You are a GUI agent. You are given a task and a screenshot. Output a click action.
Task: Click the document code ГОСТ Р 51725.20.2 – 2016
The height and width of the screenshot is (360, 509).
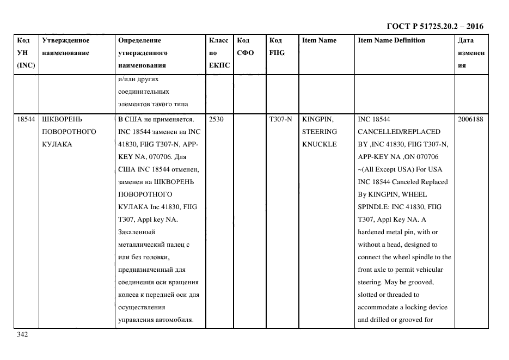[434, 26]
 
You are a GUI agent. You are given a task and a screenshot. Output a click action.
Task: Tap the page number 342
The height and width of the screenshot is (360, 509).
[22, 334]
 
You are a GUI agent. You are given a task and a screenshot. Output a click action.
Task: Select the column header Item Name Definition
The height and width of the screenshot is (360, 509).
[391, 40]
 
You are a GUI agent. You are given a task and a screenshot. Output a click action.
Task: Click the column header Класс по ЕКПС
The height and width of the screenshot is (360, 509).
[219, 53]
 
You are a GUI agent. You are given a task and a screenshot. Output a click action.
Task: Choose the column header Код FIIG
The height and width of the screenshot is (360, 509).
[277, 46]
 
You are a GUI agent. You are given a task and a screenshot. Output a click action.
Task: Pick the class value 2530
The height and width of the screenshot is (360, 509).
[216, 119]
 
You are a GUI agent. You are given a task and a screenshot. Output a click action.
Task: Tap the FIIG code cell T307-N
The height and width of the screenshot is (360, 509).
[280, 119]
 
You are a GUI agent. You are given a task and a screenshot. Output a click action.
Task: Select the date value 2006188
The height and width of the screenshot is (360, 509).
[471, 119]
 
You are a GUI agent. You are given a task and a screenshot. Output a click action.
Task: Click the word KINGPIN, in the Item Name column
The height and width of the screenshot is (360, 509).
[317, 119]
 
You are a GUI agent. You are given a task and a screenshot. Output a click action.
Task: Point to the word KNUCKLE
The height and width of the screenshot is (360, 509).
[320, 144]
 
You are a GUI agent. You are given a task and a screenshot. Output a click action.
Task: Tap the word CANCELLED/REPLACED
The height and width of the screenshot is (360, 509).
[398, 131]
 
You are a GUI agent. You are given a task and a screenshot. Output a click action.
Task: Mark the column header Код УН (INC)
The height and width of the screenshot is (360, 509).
[26, 53]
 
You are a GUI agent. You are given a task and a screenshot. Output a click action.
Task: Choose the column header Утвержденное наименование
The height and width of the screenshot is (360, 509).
[65, 46]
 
